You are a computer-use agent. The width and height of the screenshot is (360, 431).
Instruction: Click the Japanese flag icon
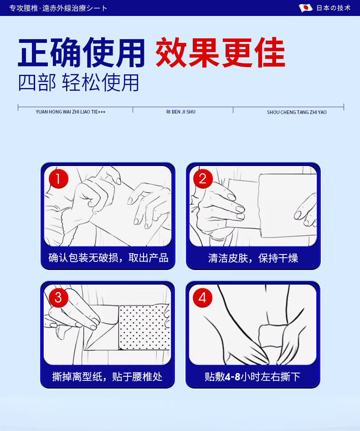(306, 8)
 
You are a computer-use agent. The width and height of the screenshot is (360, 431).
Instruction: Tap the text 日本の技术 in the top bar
(334, 8)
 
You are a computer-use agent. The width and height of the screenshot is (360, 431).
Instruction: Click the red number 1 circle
(58, 179)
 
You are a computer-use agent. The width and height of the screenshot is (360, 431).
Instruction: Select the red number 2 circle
(203, 179)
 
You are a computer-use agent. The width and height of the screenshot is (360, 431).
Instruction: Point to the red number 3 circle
(58, 298)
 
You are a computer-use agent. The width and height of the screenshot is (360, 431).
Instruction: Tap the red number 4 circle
(203, 298)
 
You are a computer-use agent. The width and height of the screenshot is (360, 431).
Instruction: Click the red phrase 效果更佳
(221, 52)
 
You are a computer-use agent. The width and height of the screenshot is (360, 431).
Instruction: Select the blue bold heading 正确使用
(81, 52)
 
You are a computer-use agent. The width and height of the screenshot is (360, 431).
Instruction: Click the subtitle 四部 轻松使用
(78, 83)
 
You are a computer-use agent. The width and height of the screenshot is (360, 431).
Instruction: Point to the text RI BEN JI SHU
(181, 112)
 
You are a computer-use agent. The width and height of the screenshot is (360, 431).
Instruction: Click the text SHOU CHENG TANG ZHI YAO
(297, 112)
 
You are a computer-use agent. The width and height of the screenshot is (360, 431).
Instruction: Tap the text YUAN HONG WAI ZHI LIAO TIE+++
(71, 112)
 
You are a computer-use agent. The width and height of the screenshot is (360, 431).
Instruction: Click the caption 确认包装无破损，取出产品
(108, 258)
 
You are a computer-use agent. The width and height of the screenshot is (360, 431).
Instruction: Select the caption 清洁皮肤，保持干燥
(253, 258)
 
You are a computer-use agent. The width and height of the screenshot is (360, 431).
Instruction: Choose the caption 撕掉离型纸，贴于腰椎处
(107, 377)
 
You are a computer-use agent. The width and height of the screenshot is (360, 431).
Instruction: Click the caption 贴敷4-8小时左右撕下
(252, 377)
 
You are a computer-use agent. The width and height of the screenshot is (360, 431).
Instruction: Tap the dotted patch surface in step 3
(144, 327)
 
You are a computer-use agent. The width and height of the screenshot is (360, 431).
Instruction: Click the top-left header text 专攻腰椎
(24, 8)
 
